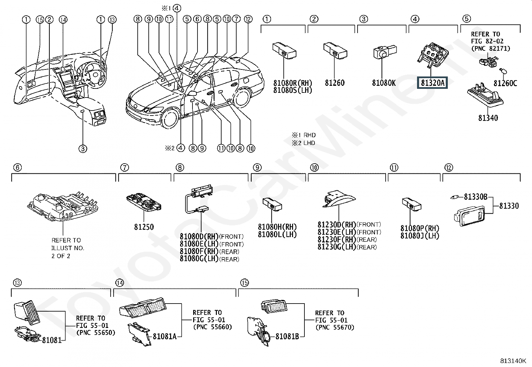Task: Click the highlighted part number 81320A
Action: click(432, 82)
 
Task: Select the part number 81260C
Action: click(505, 83)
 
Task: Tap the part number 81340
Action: click(488, 118)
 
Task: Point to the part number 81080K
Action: click(384, 83)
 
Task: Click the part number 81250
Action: click(144, 227)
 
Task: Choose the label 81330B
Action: click(476, 197)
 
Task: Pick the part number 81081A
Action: click(165, 336)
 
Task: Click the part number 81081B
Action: click(287, 336)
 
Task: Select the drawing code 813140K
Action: click(513, 361)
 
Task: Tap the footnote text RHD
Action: click(309, 135)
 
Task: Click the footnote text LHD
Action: click(309, 143)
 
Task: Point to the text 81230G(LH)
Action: click(337, 247)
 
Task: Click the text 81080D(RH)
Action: click(199, 236)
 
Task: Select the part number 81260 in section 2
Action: click(335, 83)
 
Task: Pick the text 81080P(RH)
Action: click(420, 228)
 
